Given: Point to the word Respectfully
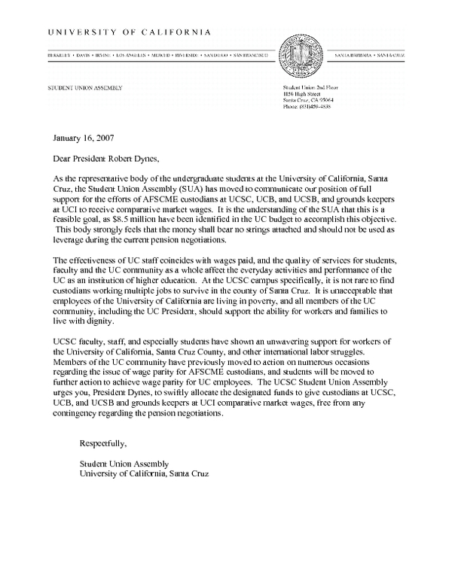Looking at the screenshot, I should click(x=103, y=444).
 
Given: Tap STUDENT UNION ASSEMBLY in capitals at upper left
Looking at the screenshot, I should click(x=84, y=88).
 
